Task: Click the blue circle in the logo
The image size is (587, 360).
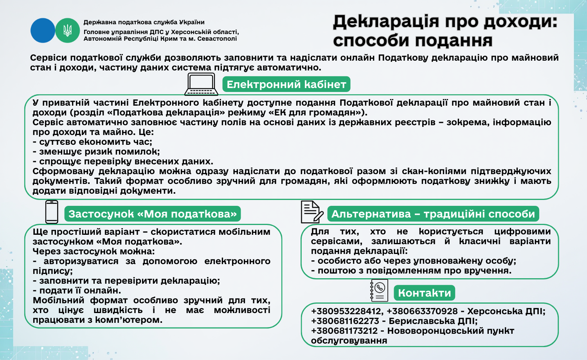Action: (x=43, y=31)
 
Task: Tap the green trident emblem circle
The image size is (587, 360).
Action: (x=67, y=31)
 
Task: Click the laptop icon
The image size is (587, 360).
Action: (x=201, y=84)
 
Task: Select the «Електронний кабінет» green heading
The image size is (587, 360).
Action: (x=286, y=85)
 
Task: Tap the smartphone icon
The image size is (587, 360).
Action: (x=52, y=212)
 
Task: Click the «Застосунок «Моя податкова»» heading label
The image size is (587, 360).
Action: (x=152, y=214)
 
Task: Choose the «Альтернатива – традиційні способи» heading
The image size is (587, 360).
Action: (x=433, y=214)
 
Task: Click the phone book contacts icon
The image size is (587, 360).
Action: (x=379, y=290)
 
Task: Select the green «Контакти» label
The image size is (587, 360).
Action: (x=424, y=293)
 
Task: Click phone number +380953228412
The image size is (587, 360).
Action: (x=346, y=311)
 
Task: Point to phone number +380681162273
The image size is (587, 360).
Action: (x=345, y=321)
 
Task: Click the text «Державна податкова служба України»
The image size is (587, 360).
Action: (x=144, y=22)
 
